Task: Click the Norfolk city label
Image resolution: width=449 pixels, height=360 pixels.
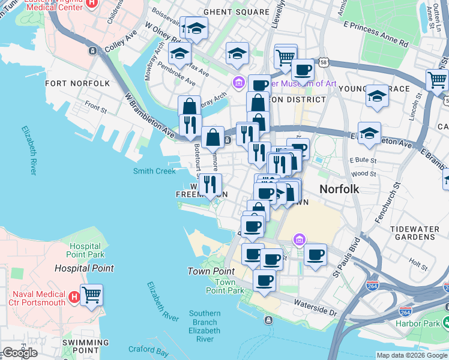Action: coord(339,189)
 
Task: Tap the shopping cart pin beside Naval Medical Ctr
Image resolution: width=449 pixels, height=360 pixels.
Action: coord(91,295)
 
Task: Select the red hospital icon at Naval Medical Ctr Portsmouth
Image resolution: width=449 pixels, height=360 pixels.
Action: coord(74,297)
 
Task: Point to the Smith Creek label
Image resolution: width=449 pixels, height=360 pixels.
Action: coord(154,171)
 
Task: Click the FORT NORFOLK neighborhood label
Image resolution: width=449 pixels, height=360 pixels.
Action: coord(77,83)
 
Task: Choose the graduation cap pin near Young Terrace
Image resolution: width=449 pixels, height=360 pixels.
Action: coord(376,96)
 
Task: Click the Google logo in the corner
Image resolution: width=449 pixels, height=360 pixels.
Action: coord(20,353)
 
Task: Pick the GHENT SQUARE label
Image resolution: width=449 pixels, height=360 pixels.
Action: coord(236,12)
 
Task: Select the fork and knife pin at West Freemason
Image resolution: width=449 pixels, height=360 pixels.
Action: coord(210,185)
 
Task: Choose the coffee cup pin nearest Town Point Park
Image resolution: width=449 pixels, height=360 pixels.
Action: coord(264,280)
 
